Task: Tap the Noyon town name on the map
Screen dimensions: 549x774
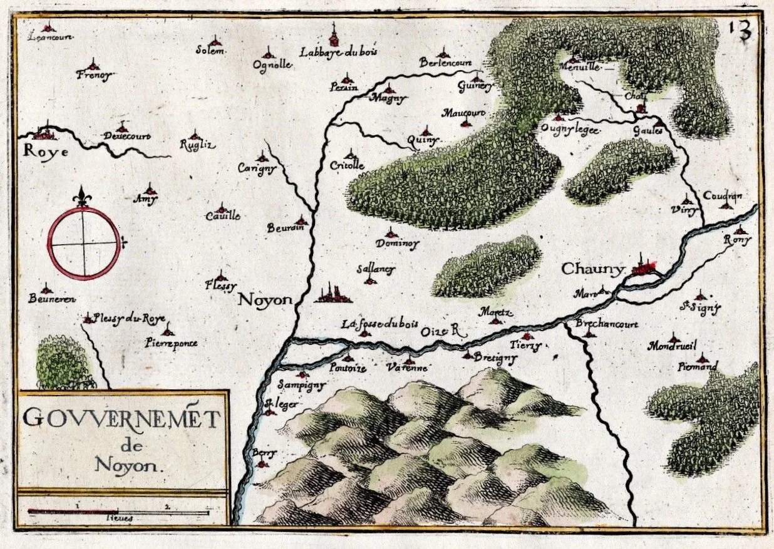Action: tap(266, 300)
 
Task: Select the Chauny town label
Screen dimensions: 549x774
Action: tap(592, 269)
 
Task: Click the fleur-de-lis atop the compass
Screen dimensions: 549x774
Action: tap(81, 197)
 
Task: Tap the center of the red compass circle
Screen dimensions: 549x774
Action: tap(85, 244)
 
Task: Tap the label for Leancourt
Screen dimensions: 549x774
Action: tap(51, 37)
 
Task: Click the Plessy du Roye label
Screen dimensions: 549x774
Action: tap(128, 318)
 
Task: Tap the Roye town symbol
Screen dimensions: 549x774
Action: tap(44, 132)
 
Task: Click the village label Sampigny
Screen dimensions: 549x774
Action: tap(301, 386)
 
